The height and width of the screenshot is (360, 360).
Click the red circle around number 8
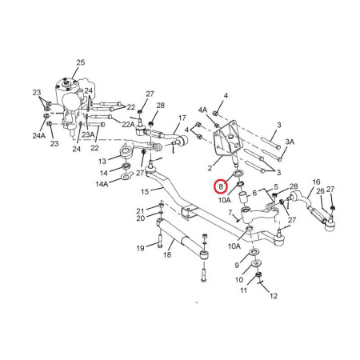point(221,186)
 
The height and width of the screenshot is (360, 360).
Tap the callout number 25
point(81,62)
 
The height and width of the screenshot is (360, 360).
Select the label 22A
point(129,124)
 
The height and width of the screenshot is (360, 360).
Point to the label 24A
point(39,135)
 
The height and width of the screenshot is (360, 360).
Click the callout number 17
point(182,118)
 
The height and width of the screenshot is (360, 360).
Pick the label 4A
point(202,110)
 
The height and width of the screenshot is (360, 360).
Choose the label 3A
point(290,142)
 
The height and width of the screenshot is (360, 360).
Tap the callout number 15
point(145,191)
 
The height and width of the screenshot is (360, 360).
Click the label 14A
point(102,184)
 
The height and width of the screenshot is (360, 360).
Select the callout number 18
point(167,254)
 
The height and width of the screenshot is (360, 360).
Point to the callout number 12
point(274,296)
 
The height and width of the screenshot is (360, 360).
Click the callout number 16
point(316,182)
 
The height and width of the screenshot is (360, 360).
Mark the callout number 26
point(320,191)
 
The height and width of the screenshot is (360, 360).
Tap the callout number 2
point(210,168)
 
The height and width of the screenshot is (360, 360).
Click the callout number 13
point(102,161)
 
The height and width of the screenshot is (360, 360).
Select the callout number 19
point(140,248)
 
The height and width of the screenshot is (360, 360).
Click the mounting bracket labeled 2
point(226,140)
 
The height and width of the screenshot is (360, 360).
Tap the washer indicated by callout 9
point(255,252)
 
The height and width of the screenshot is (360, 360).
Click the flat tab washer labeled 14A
point(126,176)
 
